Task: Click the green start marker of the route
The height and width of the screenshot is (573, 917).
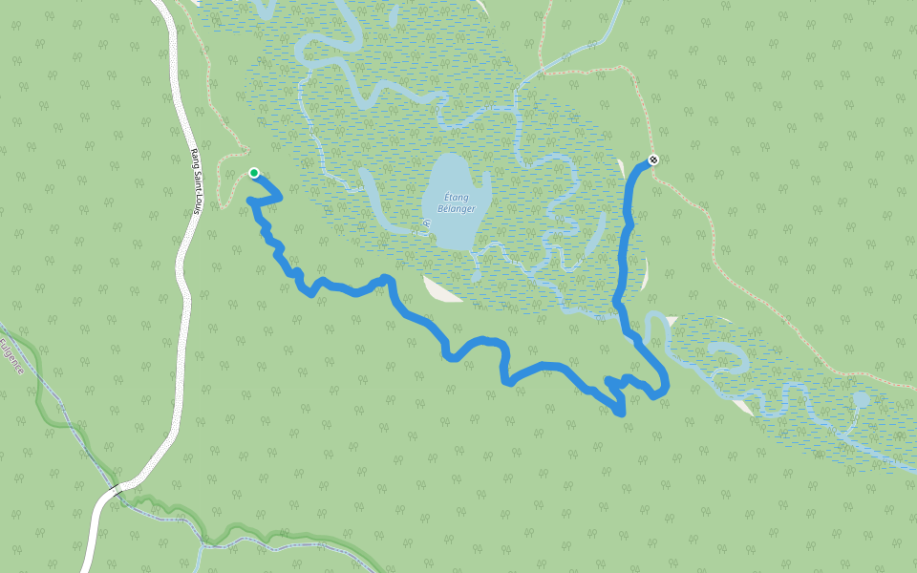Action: pos(254,173)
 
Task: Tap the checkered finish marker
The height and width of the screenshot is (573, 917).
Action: pos(653,159)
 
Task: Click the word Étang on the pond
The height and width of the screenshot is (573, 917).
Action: pos(455,198)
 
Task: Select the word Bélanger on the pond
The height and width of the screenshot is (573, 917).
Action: pos(456,208)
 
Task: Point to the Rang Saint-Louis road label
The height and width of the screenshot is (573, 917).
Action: pos(194,180)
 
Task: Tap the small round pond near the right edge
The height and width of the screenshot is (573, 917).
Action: pos(862,399)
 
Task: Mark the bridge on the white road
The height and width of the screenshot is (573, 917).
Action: pos(114,490)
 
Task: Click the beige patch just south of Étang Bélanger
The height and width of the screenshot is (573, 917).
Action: pos(441,288)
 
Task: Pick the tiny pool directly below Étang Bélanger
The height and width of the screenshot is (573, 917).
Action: pos(476,277)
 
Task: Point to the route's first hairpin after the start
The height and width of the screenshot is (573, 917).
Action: pos(278,195)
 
